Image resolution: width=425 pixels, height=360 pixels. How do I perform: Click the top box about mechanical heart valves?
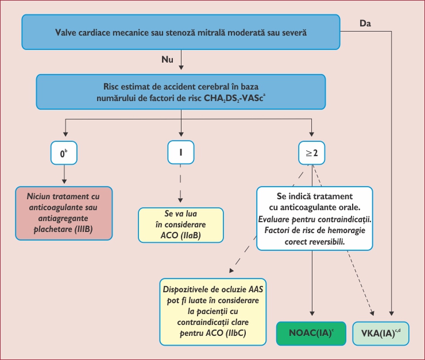pyautogui.click(x=181, y=33)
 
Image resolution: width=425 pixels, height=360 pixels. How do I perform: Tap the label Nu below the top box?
pyautogui.click(x=167, y=60)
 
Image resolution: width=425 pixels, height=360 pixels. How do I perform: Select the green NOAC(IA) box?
pyautogui.click(x=311, y=334)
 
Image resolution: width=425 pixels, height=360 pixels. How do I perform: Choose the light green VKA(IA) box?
pyautogui.click(x=381, y=334)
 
